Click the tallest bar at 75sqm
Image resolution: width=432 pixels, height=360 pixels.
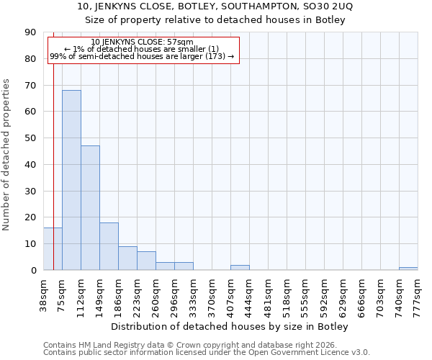coord(71,180)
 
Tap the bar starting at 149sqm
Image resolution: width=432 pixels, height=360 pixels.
coord(109,246)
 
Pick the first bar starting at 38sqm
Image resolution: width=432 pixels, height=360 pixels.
coord(53,249)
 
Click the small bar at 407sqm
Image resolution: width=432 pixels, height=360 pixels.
coord(240,267)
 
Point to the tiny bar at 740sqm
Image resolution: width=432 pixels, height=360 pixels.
coord(408,269)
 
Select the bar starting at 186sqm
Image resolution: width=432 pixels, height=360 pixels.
coord(127,258)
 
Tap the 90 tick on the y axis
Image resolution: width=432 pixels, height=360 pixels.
coord(32,32)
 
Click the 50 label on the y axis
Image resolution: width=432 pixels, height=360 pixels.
coord(32,138)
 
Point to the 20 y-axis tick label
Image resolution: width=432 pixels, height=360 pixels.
coord(32,217)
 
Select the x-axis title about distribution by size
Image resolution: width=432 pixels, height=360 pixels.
coord(230,327)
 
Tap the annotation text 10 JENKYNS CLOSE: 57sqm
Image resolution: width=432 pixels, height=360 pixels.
coord(143,42)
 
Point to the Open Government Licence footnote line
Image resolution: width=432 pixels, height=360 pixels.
coord(207,353)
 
